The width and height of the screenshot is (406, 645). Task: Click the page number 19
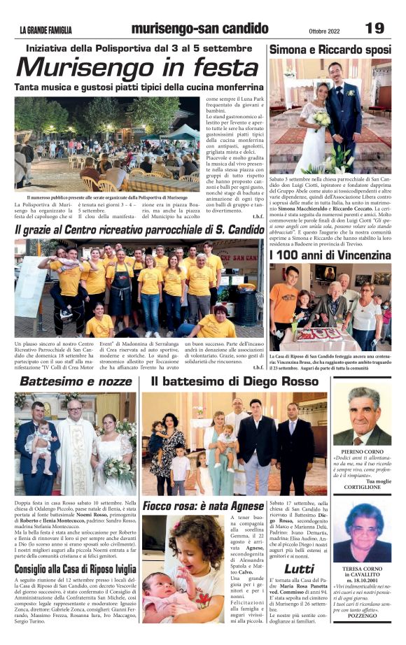click(x=374, y=27)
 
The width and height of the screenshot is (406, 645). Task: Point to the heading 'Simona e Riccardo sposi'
click(x=330, y=50)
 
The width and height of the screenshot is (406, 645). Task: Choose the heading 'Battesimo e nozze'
click(x=75, y=382)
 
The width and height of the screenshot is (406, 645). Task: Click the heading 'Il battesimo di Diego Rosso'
click(x=234, y=382)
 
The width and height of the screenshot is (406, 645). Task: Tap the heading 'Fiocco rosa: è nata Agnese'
click(x=204, y=505)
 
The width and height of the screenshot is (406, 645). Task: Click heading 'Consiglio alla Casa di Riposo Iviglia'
click(x=75, y=569)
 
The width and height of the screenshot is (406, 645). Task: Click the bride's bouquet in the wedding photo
click(x=321, y=120)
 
